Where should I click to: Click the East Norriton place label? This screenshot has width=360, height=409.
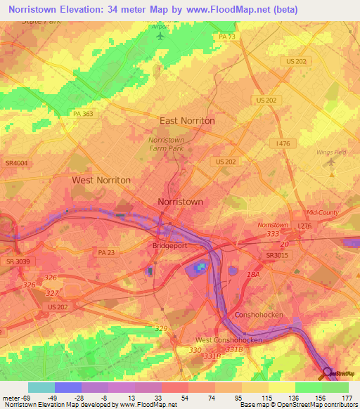click(x=187, y=121)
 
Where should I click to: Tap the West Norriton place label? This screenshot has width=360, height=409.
click(x=101, y=180)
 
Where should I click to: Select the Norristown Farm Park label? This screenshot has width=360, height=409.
click(x=166, y=144)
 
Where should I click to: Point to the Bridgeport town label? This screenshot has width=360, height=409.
click(x=169, y=246)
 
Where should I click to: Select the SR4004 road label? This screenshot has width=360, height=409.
click(x=15, y=163)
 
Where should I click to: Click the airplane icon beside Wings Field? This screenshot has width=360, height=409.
click(x=331, y=162)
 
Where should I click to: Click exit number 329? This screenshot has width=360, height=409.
click(x=162, y=328)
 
